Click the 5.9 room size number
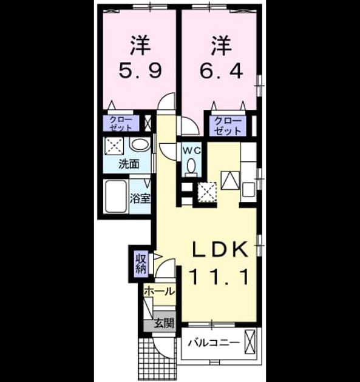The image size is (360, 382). click(140, 71)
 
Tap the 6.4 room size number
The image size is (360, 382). click(221, 71)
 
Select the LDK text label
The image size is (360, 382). click(220, 249)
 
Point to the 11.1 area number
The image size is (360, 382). click(219, 276)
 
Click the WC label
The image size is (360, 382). click(192, 151)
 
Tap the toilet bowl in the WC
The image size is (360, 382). click(192, 166)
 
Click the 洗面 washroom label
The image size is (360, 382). click(129, 164)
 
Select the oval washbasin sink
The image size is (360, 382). click(140, 145)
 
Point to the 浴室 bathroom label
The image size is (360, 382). click(140, 198)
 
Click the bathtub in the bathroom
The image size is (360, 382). click(117, 196)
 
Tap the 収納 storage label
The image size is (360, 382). click(141, 264)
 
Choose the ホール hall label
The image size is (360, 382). click(160, 291)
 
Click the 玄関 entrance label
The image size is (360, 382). click(164, 323)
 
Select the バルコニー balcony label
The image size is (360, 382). click(214, 343)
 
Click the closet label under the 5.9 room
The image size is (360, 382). click(121, 124)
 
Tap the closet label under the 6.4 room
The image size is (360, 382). click(228, 127)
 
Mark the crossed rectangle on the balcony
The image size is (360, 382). click(250, 341)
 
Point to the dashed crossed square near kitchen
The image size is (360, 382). click(207, 192)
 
